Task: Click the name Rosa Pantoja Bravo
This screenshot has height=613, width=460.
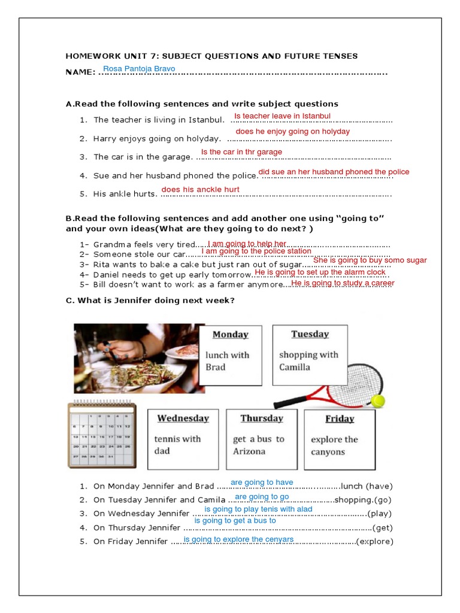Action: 139,69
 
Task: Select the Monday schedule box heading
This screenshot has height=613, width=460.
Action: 230,335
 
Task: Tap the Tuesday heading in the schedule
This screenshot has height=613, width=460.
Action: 310,334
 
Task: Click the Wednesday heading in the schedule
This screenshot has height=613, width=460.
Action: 183,418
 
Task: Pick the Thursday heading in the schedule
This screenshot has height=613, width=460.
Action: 262,418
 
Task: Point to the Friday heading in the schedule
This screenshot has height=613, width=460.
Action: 340,419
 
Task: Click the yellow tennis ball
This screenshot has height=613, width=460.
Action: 377,400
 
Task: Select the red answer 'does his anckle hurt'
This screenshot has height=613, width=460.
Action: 200,190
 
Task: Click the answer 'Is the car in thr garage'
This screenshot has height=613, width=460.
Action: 241,152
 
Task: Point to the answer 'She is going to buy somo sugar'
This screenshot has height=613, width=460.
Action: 370,260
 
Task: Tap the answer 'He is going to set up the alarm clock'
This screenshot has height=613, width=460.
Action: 320,272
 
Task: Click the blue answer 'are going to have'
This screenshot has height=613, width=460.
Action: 262,482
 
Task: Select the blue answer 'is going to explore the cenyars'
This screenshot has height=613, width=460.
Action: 238,539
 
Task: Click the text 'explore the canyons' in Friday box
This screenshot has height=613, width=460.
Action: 334,446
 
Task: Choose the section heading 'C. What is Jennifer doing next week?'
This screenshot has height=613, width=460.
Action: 150,301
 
